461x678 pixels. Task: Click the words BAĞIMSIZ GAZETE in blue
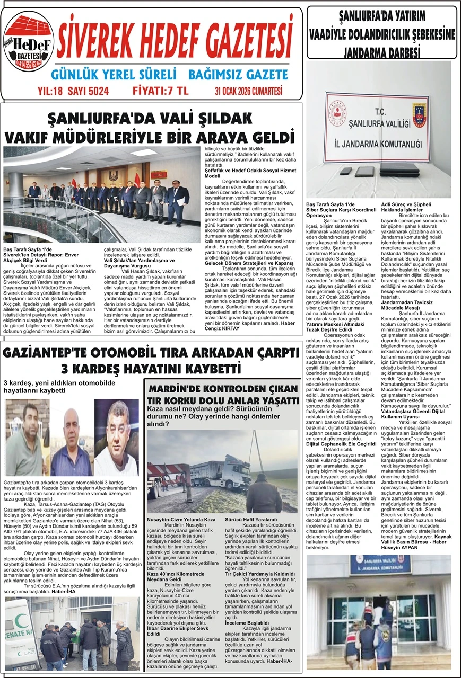coord(238,74)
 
